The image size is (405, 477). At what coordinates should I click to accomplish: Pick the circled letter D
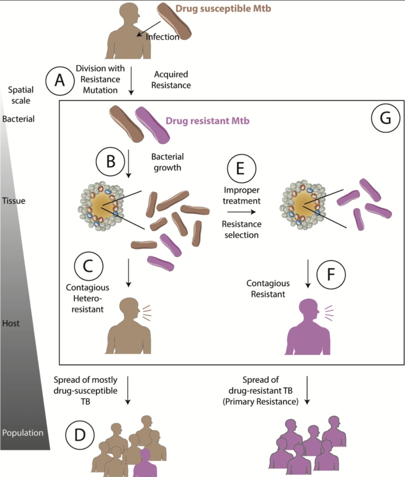[80, 434]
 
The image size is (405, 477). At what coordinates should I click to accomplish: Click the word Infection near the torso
[163, 37]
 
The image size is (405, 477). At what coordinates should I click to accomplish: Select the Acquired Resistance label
[172, 79]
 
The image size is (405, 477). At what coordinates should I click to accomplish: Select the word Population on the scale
[23, 433]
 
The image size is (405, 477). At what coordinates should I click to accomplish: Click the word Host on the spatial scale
[11, 323]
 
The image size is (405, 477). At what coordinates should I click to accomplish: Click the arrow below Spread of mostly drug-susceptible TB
[127, 391]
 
